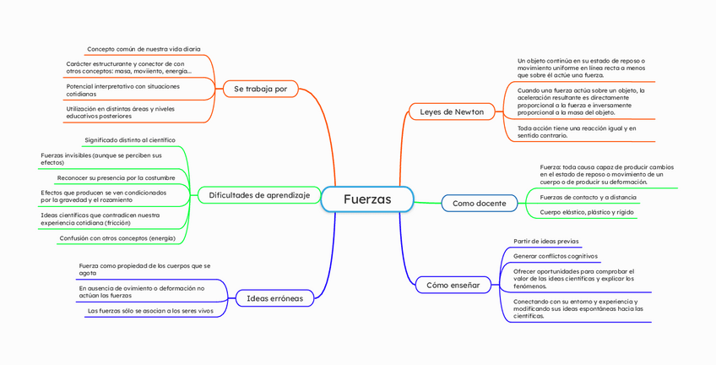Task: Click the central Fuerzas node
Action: pos(367,199)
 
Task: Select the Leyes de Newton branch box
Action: pos(452,112)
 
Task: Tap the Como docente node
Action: pos(479,204)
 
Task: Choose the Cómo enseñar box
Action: pos(453,285)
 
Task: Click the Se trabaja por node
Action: pos(260,88)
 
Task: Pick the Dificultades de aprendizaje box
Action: pos(259,195)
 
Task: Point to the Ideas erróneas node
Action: pos(274,297)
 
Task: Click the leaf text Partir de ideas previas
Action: pos(545,242)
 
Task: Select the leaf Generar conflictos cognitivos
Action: pos(555,256)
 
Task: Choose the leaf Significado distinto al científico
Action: pos(130,139)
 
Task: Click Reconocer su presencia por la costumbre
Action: pos(116,177)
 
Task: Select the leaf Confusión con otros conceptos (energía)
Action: pos(117,238)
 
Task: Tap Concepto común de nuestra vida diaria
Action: pos(144,49)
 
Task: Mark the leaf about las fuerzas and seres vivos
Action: pos(150,311)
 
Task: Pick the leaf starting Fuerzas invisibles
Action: pos(100,159)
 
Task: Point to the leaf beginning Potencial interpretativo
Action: pos(122,90)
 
